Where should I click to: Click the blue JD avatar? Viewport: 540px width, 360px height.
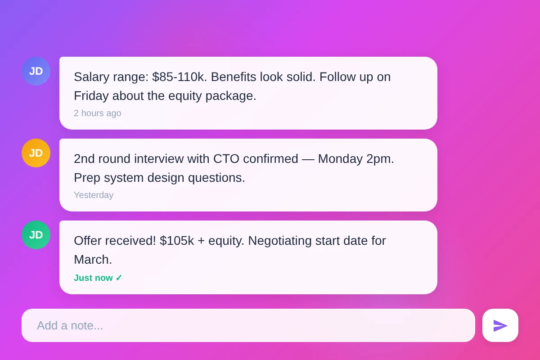(x=36, y=71)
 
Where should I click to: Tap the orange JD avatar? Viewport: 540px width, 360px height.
(x=36, y=153)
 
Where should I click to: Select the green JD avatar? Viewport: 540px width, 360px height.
(x=36, y=235)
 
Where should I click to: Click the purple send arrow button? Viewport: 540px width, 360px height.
(x=500, y=325)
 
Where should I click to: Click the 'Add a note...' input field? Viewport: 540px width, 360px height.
(x=248, y=325)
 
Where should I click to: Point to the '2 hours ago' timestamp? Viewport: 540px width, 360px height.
(x=97, y=113)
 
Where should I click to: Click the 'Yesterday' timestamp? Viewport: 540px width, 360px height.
(x=94, y=195)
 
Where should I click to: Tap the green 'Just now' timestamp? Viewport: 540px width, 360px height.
(x=93, y=278)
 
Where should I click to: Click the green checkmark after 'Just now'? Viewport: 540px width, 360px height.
(x=119, y=278)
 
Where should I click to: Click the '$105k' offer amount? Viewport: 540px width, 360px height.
(x=177, y=241)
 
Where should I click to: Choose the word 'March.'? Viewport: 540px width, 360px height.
(x=93, y=260)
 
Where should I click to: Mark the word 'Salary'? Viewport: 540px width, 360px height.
(x=91, y=77)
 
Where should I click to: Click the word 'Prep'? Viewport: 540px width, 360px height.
(x=87, y=178)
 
